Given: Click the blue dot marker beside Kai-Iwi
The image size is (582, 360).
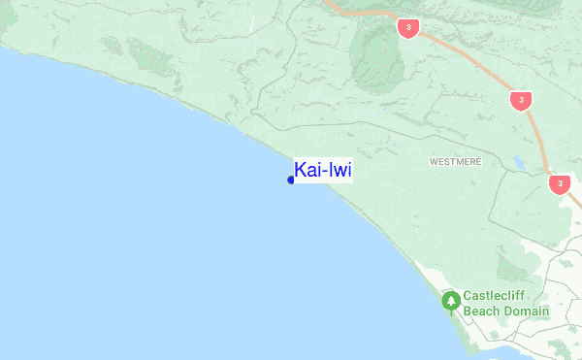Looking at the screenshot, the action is (x=291, y=180).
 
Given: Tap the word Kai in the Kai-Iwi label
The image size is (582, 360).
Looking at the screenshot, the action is (x=308, y=171).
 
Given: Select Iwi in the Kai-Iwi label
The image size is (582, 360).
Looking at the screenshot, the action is (x=339, y=171).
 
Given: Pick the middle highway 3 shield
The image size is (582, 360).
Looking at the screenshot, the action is (x=523, y=100).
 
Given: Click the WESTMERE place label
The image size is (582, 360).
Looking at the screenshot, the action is (x=456, y=162).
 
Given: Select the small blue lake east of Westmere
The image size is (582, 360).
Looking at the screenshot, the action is (x=519, y=163).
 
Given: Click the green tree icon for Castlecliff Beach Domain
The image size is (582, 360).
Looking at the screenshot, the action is (x=451, y=302).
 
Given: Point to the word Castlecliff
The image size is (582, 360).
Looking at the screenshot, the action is (x=495, y=297).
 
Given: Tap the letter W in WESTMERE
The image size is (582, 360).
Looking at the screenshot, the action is (x=434, y=162).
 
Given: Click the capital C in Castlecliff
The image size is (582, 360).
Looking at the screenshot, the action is (x=468, y=297).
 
